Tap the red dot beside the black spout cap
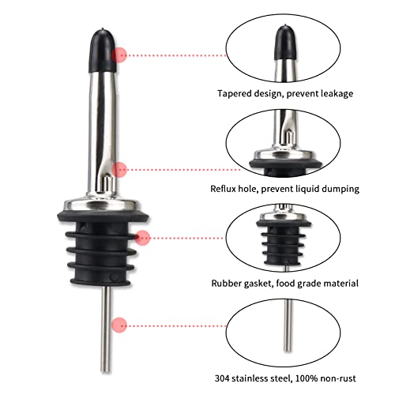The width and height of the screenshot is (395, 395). [x=121, y=55]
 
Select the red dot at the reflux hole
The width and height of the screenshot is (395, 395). [x=120, y=169]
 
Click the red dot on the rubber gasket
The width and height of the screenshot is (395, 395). [x=142, y=237]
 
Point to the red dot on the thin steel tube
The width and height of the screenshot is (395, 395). [x=120, y=324]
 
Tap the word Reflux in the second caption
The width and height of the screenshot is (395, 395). [x=227, y=189]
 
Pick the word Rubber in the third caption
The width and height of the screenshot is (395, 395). [x=229, y=283]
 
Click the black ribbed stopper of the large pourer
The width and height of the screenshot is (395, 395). [x=101, y=245]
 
